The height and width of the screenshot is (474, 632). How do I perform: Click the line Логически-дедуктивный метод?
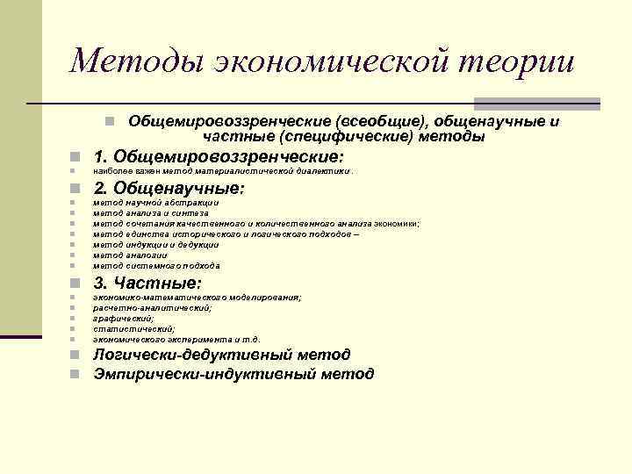pos(222,355)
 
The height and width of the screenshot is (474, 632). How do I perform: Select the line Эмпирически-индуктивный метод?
pos(233,375)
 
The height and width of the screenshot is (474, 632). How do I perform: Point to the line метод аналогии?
pos(129,255)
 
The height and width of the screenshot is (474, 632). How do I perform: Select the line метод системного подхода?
pos(156,266)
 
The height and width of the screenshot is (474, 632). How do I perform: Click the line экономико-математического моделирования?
pos(197,298)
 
